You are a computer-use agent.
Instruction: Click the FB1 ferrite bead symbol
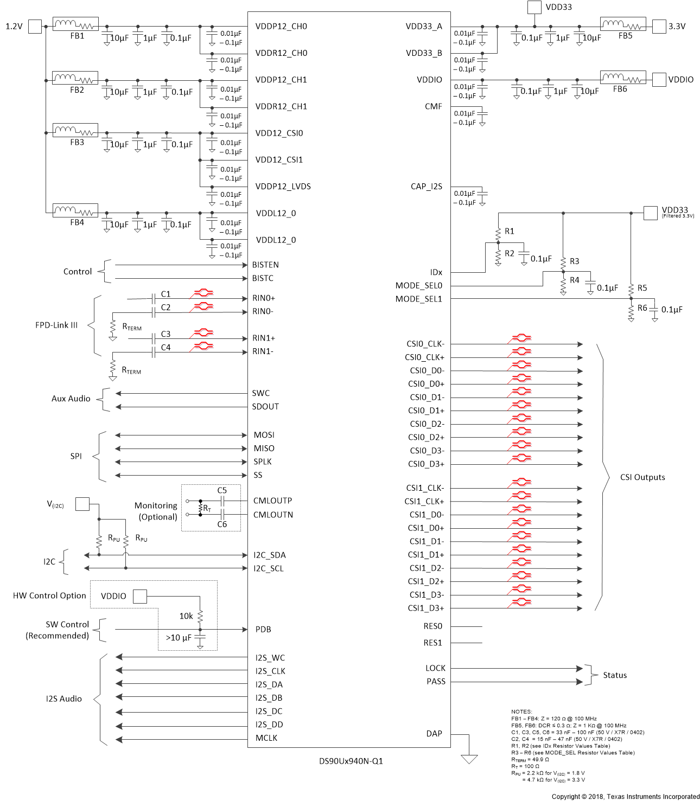pyautogui.click(x=75, y=24)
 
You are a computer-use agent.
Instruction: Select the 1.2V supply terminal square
pyautogui.click(x=35, y=27)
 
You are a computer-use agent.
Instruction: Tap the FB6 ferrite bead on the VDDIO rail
pyautogui.click(x=622, y=78)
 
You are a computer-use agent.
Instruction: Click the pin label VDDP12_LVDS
pyautogui.click(x=283, y=187)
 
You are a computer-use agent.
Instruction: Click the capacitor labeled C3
pyautogui.click(x=154, y=338)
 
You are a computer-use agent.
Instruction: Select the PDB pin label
pyautogui.click(x=263, y=630)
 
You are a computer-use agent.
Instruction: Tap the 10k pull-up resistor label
pyautogui.click(x=186, y=616)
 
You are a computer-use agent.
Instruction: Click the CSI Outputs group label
pyautogui.click(x=642, y=477)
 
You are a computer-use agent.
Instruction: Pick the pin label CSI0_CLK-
pyautogui.click(x=425, y=344)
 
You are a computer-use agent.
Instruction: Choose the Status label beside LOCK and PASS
pyautogui.click(x=615, y=675)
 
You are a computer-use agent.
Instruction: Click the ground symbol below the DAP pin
pyautogui.click(x=469, y=759)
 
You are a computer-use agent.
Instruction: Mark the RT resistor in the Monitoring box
pyautogui.click(x=201, y=508)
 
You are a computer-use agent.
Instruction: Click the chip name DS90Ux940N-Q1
pyautogui.click(x=351, y=761)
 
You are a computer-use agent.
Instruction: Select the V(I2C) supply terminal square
pyautogui.click(x=82, y=504)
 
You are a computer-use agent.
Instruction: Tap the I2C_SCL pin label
pyautogui.click(x=269, y=568)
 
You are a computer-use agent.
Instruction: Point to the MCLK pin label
pyautogui.click(x=266, y=738)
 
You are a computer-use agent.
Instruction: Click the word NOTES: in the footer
pyautogui.click(x=521, y=712)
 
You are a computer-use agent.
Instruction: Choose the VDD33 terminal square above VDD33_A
pyautogui.click(x=534, y=7)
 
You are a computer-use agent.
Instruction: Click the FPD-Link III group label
pyautogui.click(x=56, y=325)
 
